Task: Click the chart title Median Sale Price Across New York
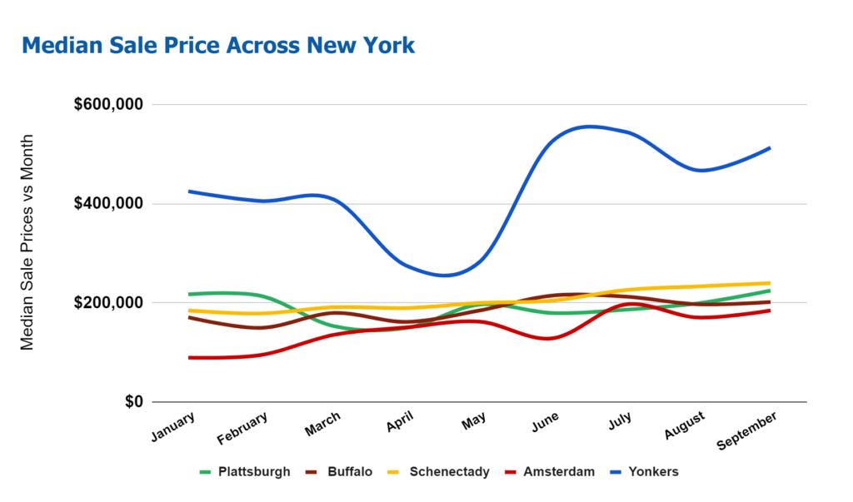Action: coord(218,45)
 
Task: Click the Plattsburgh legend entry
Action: coord(253,472)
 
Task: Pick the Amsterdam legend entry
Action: coord(558,472)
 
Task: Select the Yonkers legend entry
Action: coord(653,472)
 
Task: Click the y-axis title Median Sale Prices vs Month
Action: coord(27,242)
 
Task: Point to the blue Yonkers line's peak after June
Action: coord(589,127)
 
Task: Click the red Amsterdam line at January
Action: coord(190,358)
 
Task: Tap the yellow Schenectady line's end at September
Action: coord(768,283)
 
